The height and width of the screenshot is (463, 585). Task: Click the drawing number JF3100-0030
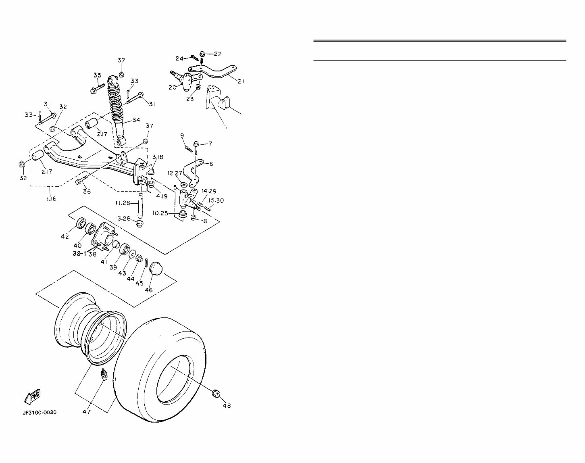40,412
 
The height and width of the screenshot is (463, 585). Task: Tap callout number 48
227,405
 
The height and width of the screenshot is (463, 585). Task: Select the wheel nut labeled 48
217,392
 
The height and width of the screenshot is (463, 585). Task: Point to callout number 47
87,411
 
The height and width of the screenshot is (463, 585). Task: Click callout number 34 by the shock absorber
136,120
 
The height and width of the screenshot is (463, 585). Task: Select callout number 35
97,75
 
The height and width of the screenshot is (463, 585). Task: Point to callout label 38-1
79,254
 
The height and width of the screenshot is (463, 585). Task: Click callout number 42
65,236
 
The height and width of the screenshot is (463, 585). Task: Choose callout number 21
241,81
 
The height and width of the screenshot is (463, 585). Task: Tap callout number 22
218,54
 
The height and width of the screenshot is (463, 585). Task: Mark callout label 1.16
51,199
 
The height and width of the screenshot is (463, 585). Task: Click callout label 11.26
123,203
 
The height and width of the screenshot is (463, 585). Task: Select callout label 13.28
123,218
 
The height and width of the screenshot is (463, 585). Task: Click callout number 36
87,191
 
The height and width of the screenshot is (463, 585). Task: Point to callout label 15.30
216,200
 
